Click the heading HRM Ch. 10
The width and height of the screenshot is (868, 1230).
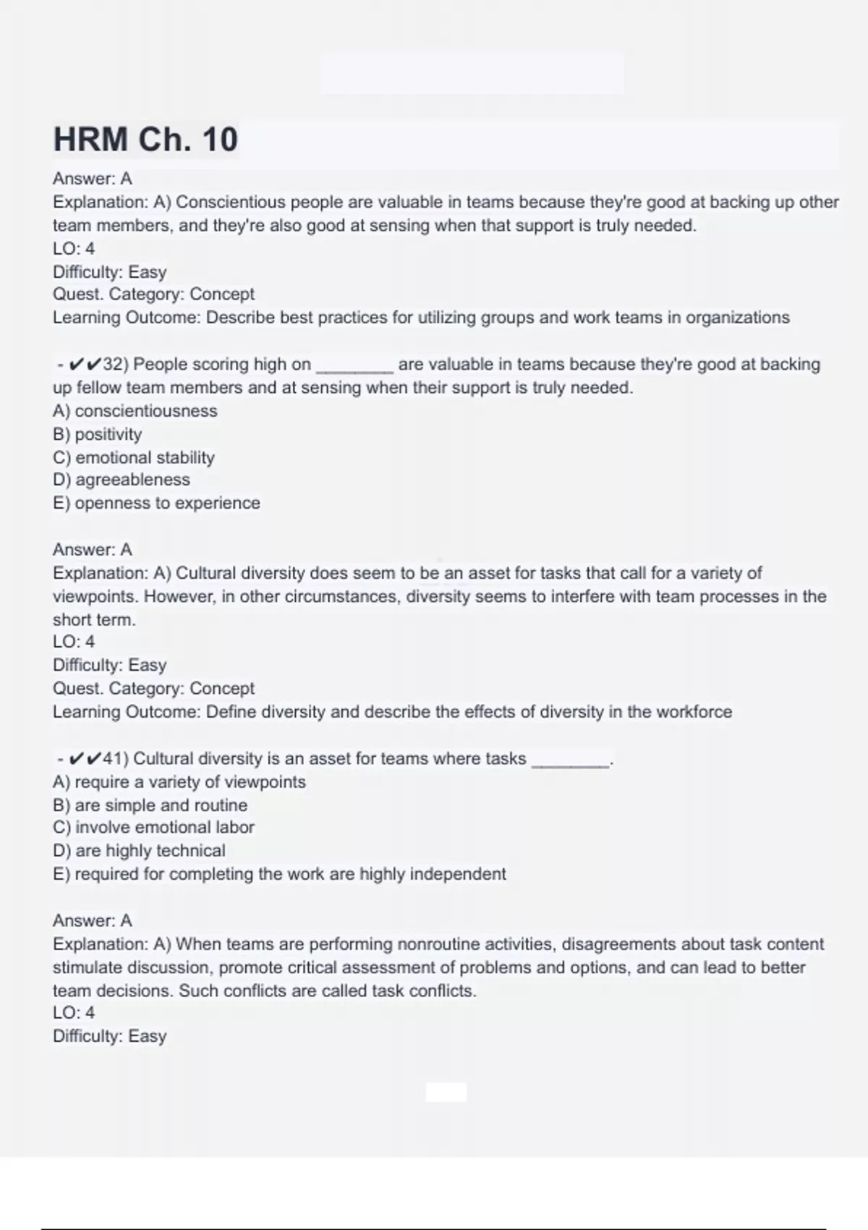(145, 139)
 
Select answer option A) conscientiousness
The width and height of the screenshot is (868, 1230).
(135, 411)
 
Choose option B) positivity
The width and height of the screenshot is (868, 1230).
(98, 434)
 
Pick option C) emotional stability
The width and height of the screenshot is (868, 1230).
(134, 457)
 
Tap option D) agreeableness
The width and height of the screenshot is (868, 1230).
(122, 480)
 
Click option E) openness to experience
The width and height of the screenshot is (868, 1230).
(156, 503)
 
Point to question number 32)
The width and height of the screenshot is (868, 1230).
(115, 364)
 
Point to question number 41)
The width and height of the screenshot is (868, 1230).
(115, 758)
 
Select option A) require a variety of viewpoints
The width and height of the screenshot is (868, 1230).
(179, 782)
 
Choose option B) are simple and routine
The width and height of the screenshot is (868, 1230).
(150, 805)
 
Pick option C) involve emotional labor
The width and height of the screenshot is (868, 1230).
(154, 827)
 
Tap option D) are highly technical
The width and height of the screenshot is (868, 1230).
(140, 851)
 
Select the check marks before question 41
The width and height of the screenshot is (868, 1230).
(85, 758)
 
